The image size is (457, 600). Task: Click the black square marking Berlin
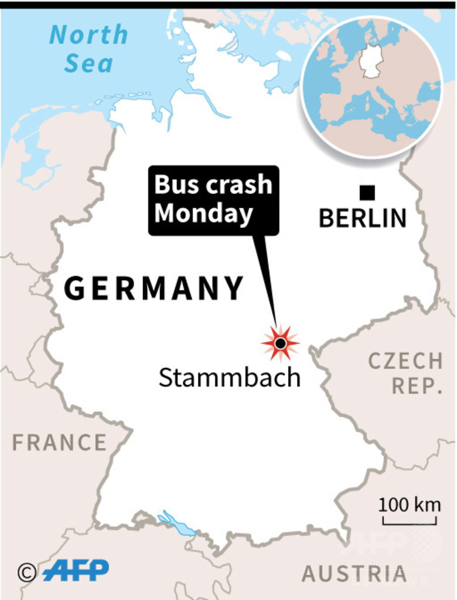(x=367, y=192)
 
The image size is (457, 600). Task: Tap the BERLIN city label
(x=362, y=219)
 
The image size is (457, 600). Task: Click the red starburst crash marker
(x=281, y=343)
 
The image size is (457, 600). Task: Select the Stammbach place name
(x=229, y=378)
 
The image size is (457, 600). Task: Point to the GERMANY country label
(x=154, y=288)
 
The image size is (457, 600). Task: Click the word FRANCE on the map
(x=59, y=442)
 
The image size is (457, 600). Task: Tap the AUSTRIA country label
(x=354, y=574)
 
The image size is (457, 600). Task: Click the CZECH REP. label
(x=405, y=373)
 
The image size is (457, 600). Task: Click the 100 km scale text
(x=409, y=504)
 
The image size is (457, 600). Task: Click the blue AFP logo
(x=76, y=570)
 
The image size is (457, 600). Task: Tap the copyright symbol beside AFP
(x=26, y=572)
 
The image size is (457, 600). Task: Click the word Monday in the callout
(x=203, y=214)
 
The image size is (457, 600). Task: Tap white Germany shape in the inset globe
(x=371, y=61)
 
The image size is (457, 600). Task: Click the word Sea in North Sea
(x=88, y=63)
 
